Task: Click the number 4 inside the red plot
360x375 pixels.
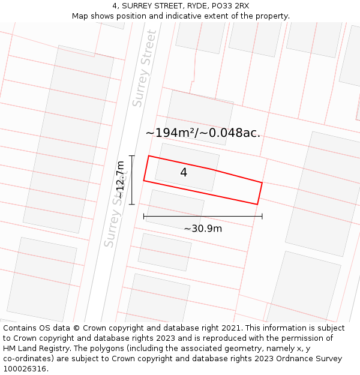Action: [184, 173]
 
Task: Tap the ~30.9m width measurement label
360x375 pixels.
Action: [203, 229]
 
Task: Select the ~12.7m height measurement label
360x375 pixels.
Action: [121, 180]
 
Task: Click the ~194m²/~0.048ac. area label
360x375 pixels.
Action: [203, 133]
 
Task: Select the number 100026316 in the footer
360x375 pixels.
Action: [25, 369]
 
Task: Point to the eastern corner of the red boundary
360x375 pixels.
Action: [262, 182]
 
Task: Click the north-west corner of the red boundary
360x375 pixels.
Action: [149, 156]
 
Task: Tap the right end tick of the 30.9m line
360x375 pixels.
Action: [262, 216]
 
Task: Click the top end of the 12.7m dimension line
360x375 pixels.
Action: [131, 156]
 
